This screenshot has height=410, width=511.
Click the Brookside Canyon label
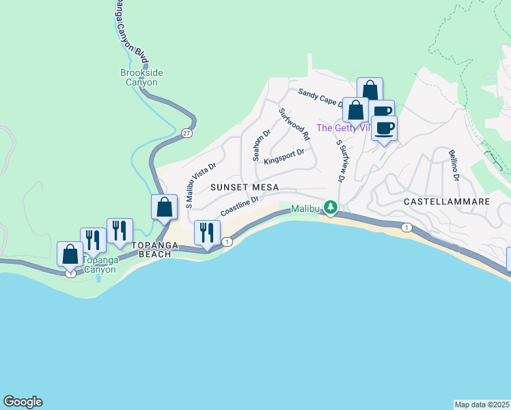pos(139,77)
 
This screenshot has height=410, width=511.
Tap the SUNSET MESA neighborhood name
pos(245,187)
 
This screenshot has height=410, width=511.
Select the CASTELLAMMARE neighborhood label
pos(447,202)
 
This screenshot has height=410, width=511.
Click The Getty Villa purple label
pos(335,128)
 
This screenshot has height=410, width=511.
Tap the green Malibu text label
pos(305,208)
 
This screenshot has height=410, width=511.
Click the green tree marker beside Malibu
pos(331,207)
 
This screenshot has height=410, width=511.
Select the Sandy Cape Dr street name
pos(318,97)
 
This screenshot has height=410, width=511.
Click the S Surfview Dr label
pos(339,161)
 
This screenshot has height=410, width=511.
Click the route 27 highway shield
pos(187,134)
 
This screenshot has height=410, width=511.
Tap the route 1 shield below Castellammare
pos(406,227)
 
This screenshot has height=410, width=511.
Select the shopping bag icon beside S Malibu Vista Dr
pos(165,206)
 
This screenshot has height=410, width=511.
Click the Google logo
pos(23,402)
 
